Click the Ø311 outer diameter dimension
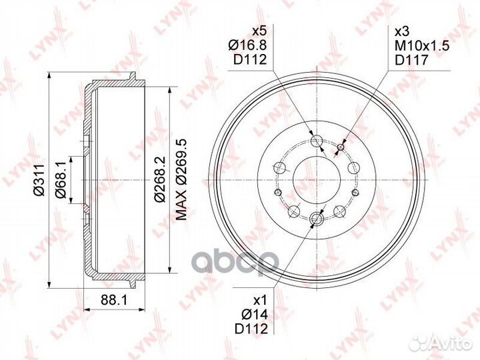tap(39, 180)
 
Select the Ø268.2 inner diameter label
tap(159, 179)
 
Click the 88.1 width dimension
tap(114, 299)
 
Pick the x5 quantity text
tap(259, 31)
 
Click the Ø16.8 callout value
tap(247, 45)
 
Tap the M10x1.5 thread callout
tap(422, 45)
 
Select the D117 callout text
tap(411, 60)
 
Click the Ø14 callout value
tap(255, 315)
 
